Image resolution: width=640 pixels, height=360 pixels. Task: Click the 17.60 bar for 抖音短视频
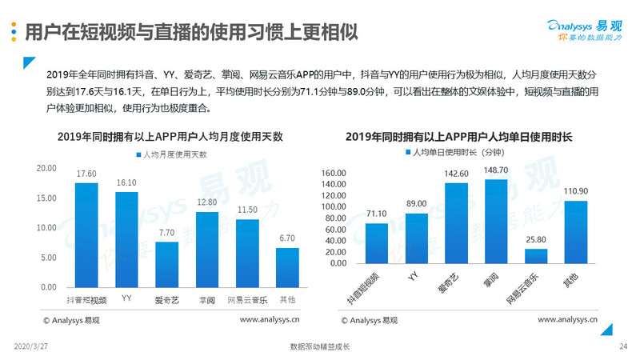86,234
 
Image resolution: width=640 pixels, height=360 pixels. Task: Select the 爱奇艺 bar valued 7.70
166,264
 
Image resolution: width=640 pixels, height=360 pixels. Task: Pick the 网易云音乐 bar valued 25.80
536,256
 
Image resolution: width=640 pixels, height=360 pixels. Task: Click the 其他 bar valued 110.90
576,232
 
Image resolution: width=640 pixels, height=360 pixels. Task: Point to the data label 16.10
126,183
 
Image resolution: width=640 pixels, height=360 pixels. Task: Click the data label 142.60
456,174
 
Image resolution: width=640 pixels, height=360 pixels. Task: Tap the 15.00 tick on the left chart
46,198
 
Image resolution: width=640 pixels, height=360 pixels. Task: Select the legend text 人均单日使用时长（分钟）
459,151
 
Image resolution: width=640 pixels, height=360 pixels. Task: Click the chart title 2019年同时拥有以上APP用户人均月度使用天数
170,136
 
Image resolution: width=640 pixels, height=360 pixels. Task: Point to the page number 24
623,346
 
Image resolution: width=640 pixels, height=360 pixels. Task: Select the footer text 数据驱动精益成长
320,346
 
